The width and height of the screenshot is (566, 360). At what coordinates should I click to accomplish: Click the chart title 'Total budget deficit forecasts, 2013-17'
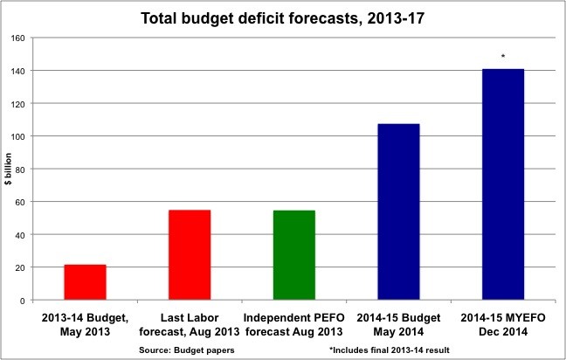(x=282, y=17)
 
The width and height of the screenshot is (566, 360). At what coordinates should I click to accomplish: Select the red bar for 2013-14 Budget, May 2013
(x=85, y=282)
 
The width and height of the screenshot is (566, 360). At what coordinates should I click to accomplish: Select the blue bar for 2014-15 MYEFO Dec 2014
(x=503, y=184)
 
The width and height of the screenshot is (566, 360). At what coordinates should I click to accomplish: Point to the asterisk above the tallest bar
(x=503, y=57)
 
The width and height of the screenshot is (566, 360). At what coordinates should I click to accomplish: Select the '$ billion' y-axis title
(x=8, y=169)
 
